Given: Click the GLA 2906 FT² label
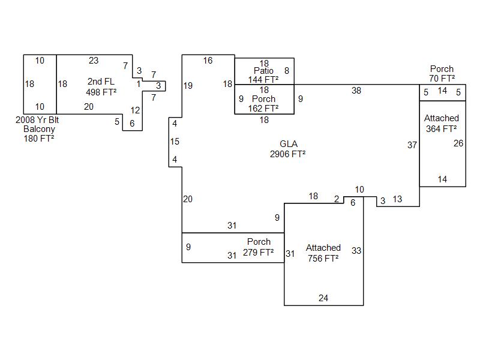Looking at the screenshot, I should pyautogui.click(x=288, y=149).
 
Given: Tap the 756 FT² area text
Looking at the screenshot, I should pyautogui.click(x=323, y=258).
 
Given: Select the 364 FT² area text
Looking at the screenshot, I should pyautogui.click(x=442, y=128).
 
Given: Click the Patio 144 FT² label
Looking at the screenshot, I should pyautogui.click(x=263, y=75).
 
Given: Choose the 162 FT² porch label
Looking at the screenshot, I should pyautogui.click(x=263, y=104).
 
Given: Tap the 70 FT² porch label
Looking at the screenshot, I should pyautogui.click(x=442, y=74).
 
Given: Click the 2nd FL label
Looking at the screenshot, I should pyautogui.click(x=101, y=82).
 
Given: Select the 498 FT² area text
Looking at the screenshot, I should pyautogui.click(x=101, y=92).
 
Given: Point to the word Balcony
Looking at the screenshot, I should pyautogui.click(x=39, y=129).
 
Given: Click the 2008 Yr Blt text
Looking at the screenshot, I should pyautogui.click(x=37, y=120).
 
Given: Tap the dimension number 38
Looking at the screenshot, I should pyautogui.click(x=356, y=91).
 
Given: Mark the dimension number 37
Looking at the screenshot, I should pyautogui.click(x=412, y=145).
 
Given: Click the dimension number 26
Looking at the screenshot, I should pyautogui.click(x=458, y=143).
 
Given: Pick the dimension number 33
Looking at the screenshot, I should pyautogui.click(x=356, y=251).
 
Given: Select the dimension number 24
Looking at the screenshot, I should pyautogui.click(x=323, y=298).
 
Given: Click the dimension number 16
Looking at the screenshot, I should pyautogui.click(x=208, y=60).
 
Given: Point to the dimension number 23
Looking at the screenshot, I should pyautogui.click(x=94, y=60).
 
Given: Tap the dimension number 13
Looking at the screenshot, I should pyautogui.click(x=397, y=200).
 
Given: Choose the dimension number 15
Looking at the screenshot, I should pyautogui.click(x=175, y=142).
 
